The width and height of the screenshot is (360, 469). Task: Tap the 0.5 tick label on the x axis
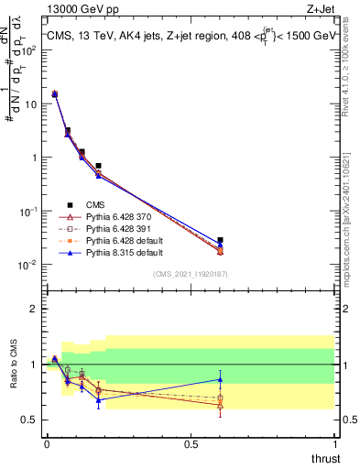pos(191,444)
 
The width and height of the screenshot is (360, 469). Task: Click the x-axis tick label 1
pos(335,444)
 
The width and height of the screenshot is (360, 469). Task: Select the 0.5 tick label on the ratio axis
pos(32,420)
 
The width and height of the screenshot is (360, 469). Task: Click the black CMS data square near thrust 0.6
pos(220,240)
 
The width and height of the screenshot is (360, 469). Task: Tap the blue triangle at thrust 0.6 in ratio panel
pos(220,379)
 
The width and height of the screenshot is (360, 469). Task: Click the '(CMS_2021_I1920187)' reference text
pos(190,274)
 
